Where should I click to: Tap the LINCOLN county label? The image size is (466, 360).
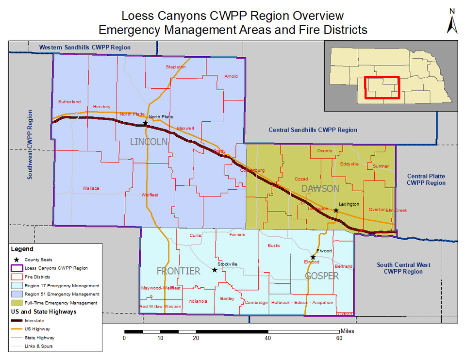tap(149, 142)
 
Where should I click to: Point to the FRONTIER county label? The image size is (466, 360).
tap(178, 271)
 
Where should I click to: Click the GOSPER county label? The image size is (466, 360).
tap(321, 276)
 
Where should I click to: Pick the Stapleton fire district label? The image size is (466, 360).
tap(176, 67)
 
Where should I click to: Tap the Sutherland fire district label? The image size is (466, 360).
tap(69, 102)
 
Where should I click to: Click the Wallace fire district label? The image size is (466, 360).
tap(91, 188)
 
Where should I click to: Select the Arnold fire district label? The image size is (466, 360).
tap(231, 76)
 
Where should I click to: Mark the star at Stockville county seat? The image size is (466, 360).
tap(215, 270)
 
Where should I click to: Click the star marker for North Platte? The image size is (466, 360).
tap(145, 123)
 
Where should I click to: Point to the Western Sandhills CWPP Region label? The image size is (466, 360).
tap(85, 47)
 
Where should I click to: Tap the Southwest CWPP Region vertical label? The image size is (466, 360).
tap(30, 145)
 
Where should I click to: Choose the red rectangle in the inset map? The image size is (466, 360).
tap(382, 87)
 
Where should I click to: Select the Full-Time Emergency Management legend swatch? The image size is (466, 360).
tap(17, 303)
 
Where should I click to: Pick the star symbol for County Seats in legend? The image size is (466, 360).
tap(17, 260)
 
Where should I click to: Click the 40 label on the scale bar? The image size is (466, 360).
tap(267, 338)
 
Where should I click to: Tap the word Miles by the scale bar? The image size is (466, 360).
tap(347, 331)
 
